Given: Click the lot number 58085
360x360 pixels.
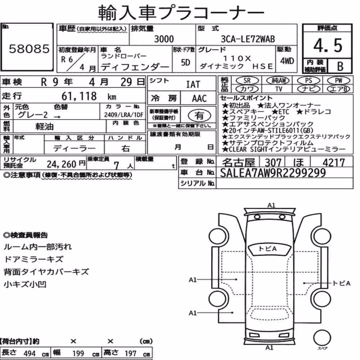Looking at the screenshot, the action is pyautogui.click(x=29, y=49).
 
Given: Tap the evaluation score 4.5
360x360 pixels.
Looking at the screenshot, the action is pyautogui.click(x=328, y=45).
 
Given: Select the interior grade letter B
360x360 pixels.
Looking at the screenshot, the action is pyautogui.click(x=340, y=66).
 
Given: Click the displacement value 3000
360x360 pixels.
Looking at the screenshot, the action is pyautogui.click(x=164, y=39).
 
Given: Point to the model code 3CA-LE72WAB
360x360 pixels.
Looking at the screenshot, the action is pyautogui.click(x=248, y=39).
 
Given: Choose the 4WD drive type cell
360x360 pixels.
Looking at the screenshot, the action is pyautogui.click(x=287, y=61).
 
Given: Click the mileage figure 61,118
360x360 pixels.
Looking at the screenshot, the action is pyautogui.click(x=79, y=96).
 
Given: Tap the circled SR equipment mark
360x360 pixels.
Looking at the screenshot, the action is pyautogui.click(x=247, y=80).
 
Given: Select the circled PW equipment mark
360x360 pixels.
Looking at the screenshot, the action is pyautogui.click(x=338, y=80).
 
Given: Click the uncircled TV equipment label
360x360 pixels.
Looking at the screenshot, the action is pyautogui.click(x=279, y=89).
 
